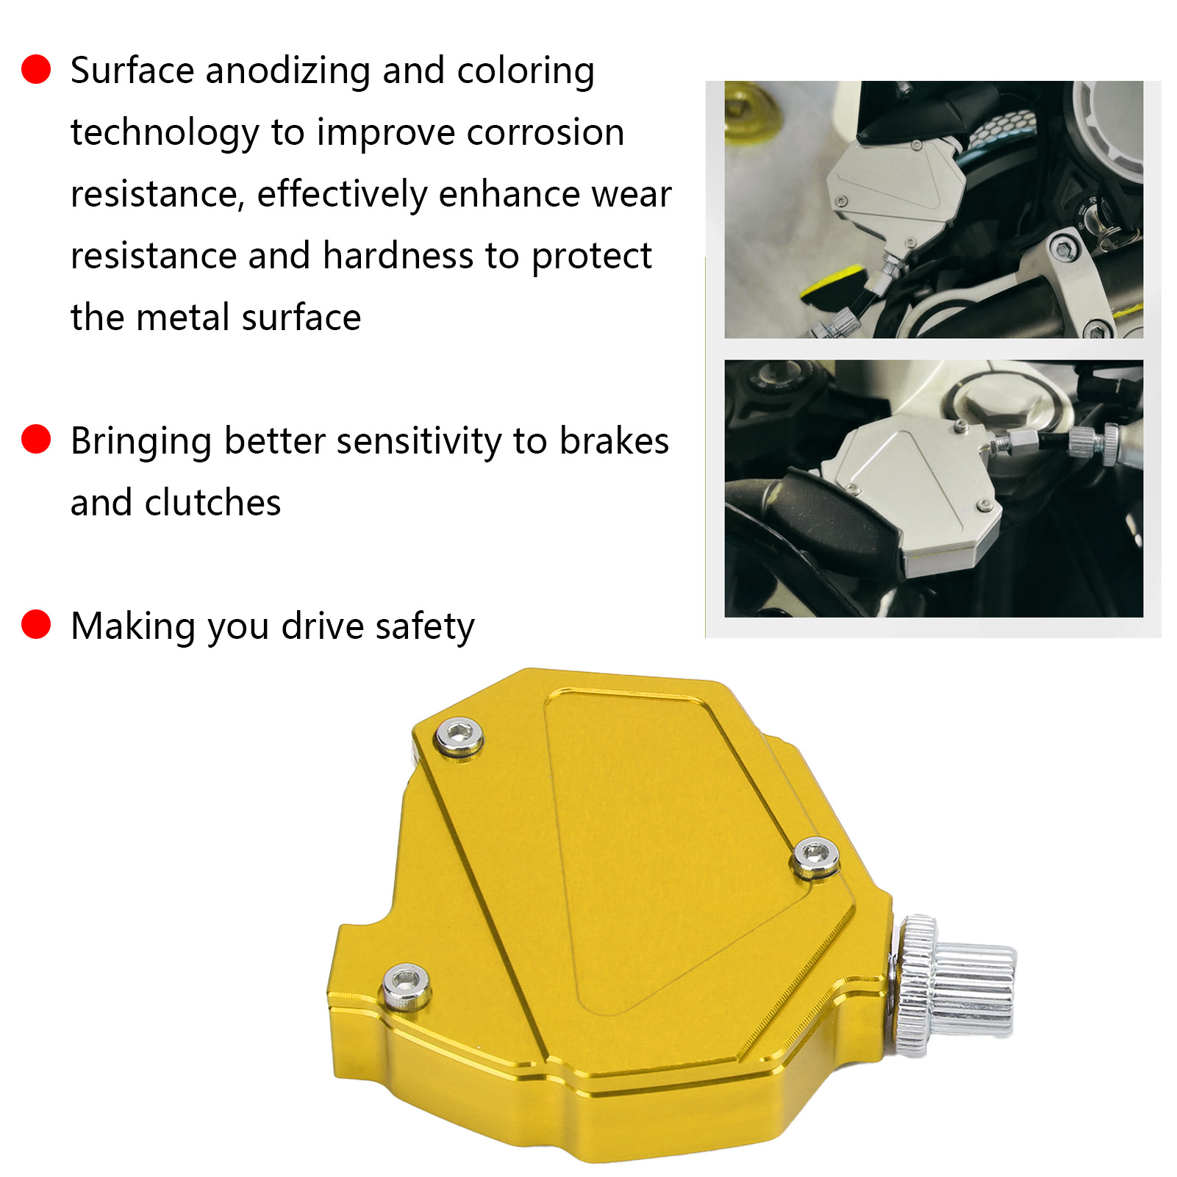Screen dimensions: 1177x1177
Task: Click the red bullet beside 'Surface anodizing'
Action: (x=36, y=69)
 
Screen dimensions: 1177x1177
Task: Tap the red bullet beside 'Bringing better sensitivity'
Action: (x=36, y=440)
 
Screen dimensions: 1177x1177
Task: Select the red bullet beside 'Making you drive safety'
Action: (x=36, y=625)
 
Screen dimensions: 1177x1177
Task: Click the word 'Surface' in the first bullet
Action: (x=132, y=71)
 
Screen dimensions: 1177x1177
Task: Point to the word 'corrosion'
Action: (x=545, y=133)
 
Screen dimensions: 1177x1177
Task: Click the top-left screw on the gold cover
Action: (x=459, y=736)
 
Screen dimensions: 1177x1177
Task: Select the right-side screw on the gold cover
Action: (x=816, y=856)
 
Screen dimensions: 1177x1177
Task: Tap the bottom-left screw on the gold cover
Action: (x=407, y=985)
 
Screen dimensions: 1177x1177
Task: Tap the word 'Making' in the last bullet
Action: (x=133, y=627)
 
